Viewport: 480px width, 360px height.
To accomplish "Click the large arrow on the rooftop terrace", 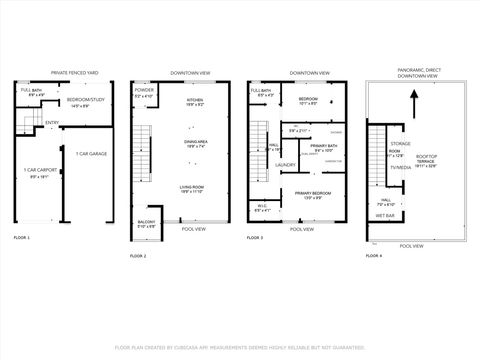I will [412, 103].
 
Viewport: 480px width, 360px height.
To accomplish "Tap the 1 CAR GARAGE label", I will [91, 153].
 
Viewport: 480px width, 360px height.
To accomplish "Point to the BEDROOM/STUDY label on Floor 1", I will [85, 101].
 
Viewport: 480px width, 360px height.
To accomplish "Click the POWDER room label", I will [144, 90].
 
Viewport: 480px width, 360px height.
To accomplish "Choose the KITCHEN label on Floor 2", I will [194, 101].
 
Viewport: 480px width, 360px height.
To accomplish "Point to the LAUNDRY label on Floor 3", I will [285, 164].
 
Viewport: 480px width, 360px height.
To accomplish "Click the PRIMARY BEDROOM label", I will [314, 193].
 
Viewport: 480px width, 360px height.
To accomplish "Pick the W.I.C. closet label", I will [262, 208].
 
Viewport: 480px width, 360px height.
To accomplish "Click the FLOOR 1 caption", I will [22, 237].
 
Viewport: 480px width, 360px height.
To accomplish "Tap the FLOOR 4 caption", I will [372, 256].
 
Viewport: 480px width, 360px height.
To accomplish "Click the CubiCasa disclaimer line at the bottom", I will [240, 347].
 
